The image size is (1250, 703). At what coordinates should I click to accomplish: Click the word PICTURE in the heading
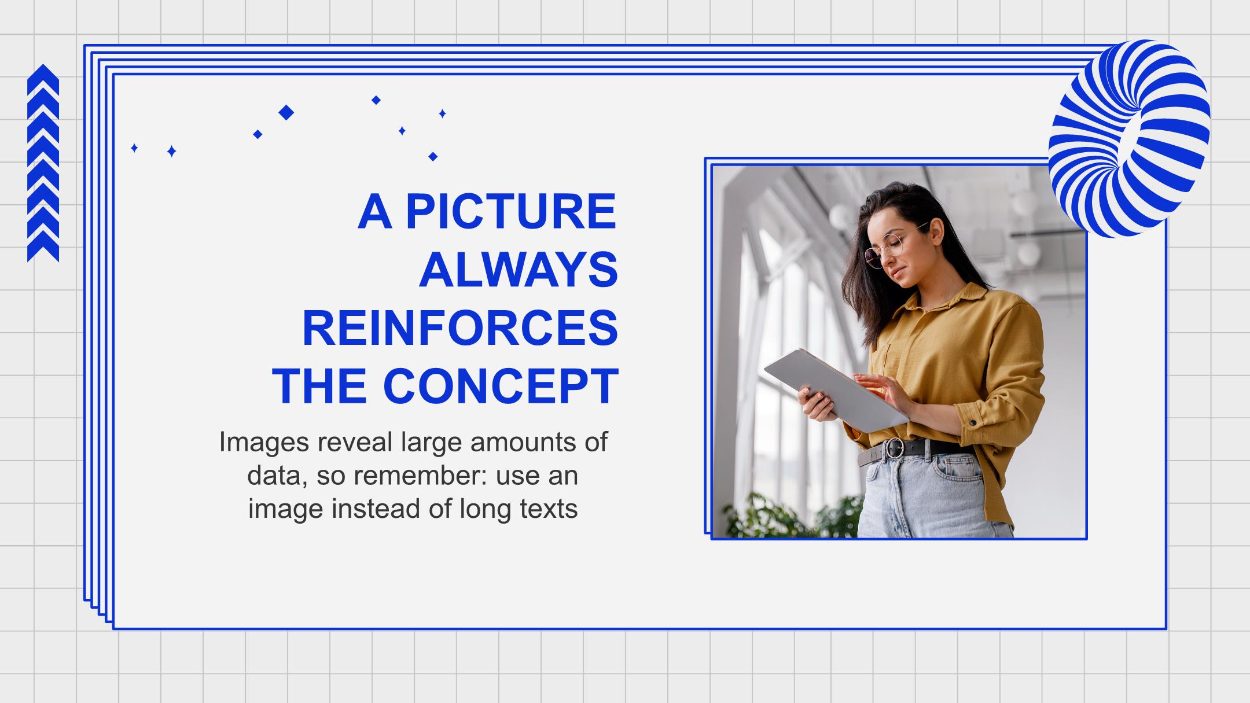[511, 211]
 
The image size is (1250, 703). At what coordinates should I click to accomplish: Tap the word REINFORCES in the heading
[460, 327]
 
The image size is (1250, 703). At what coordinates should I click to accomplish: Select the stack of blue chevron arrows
[43, 163]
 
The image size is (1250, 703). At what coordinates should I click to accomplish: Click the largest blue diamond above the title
[286, 112]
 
